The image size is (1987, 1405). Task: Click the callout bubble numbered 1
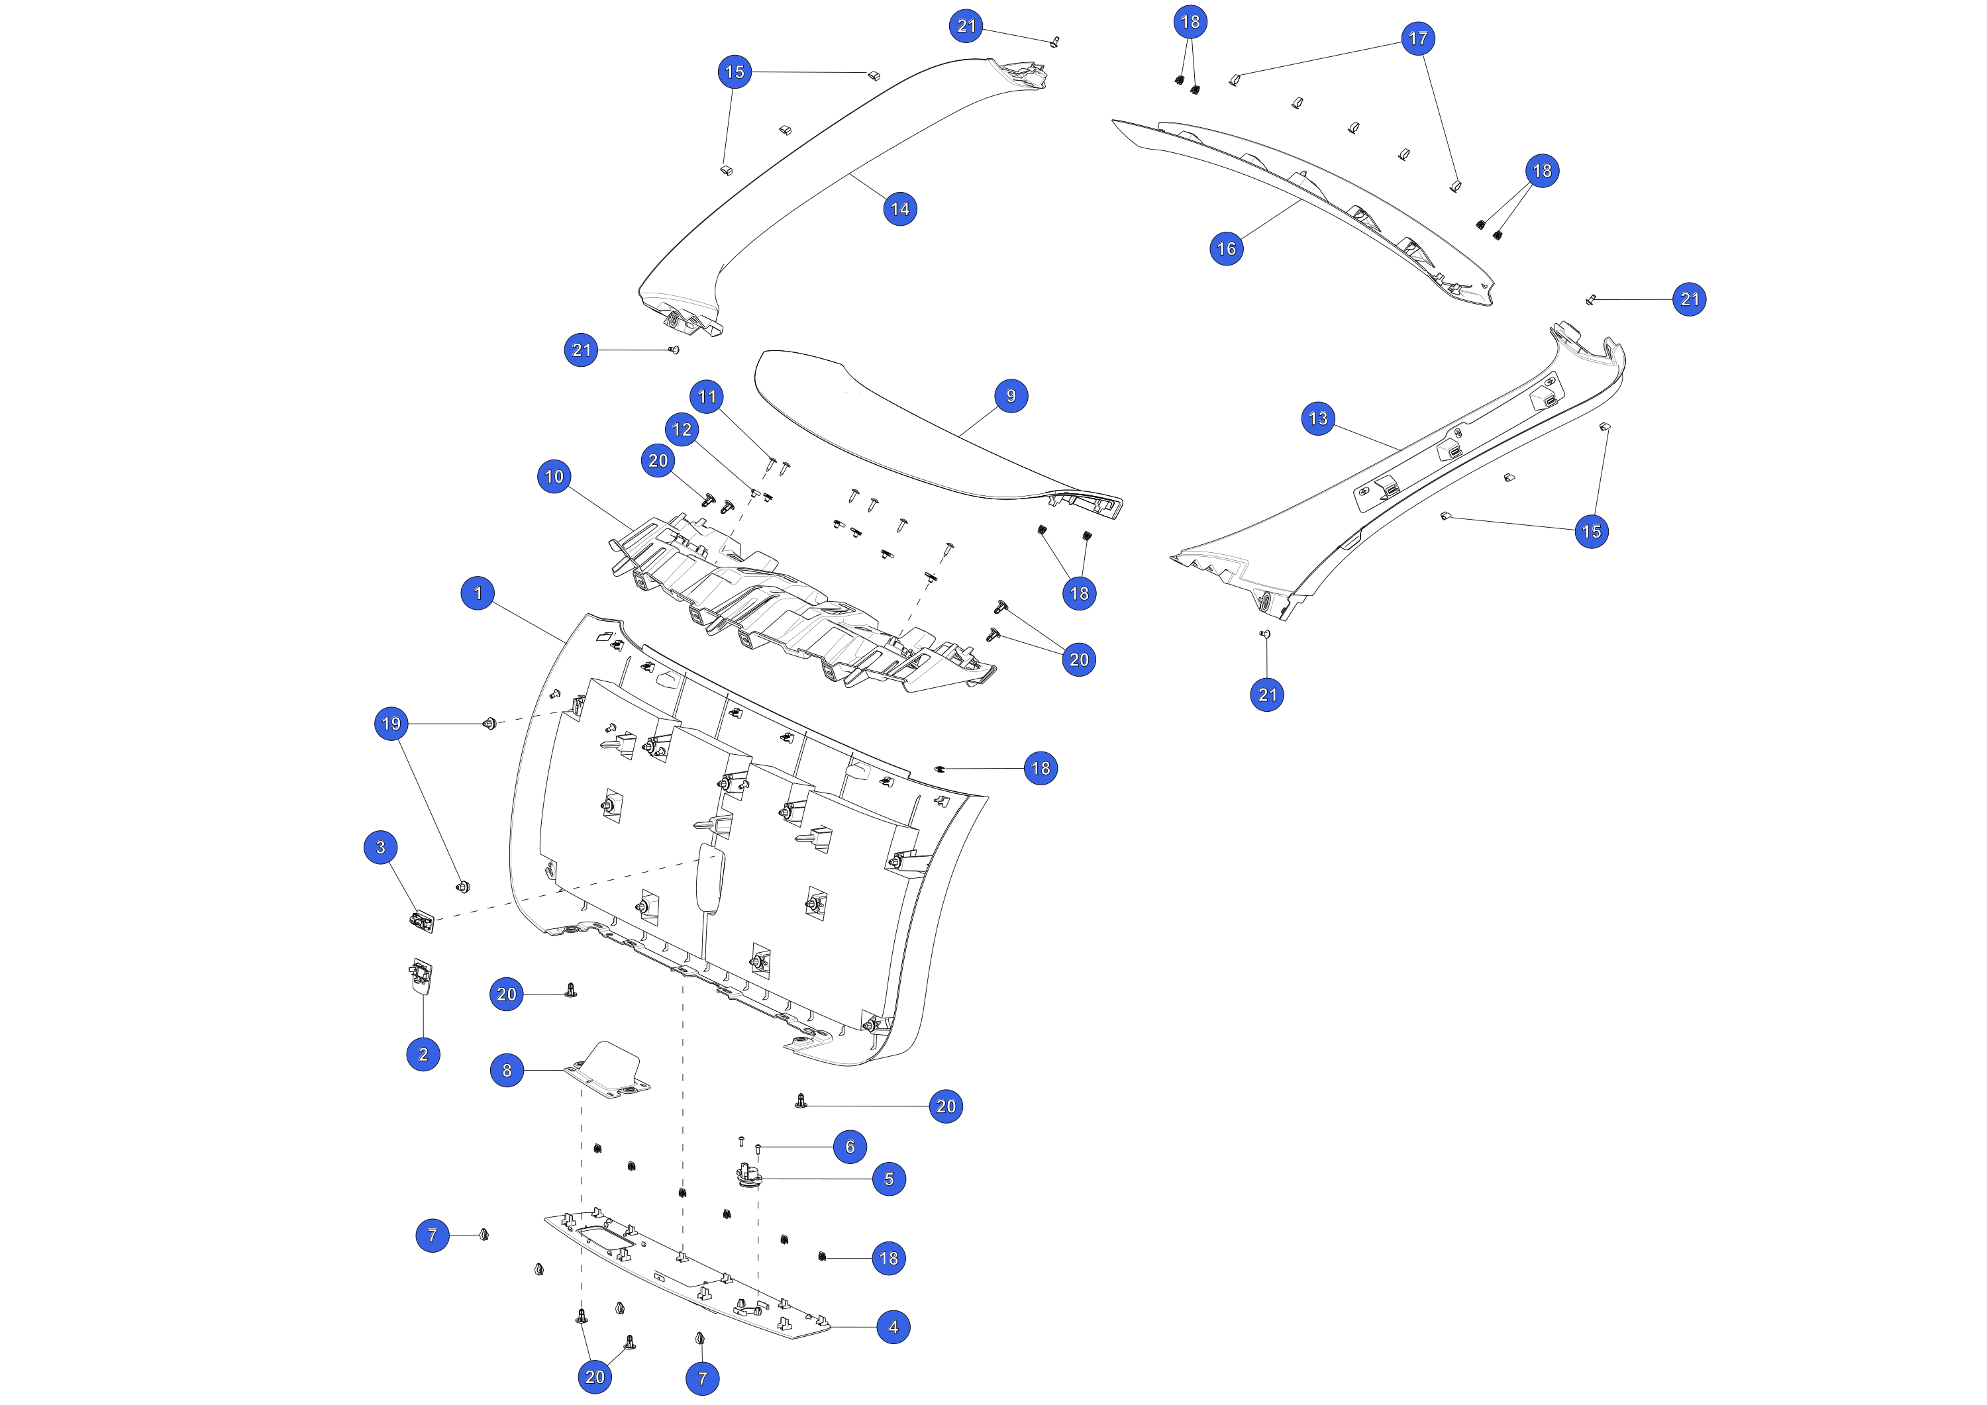(478, 593)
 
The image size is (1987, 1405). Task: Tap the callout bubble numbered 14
(900, 209)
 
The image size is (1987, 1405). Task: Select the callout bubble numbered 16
(1226, 249)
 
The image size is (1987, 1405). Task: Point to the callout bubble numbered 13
(1318, 418)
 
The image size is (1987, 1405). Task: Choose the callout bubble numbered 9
(1011, 396)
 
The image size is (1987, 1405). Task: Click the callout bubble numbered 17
(1417, 38)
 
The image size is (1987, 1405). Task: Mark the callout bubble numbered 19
(391, 723)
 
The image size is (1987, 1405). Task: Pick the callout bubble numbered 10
(554, 476)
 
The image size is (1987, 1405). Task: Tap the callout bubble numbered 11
(707, 396)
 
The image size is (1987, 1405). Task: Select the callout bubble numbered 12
(682, 429)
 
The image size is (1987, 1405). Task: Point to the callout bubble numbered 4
(893, 1327)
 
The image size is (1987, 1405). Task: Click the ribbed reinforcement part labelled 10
(801, 606)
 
